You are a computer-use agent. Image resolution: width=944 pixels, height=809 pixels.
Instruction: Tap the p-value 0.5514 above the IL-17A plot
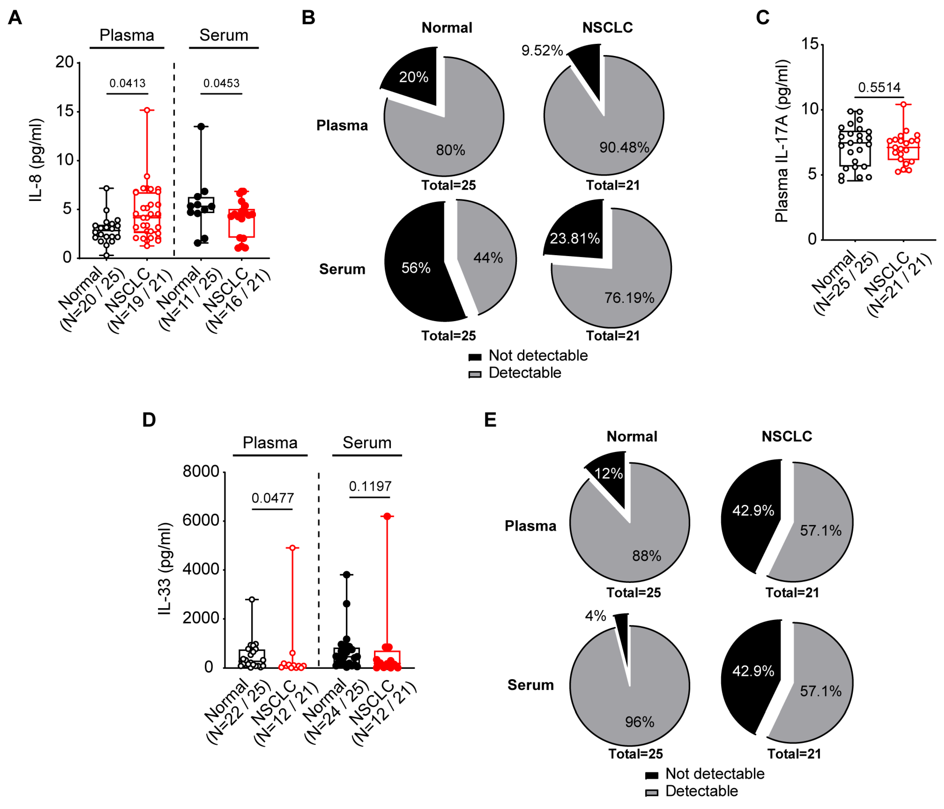[x=879, y=87]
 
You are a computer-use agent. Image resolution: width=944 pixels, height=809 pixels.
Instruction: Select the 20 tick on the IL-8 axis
[x=64, y=62]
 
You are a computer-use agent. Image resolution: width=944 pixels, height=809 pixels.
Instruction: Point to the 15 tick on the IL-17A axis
[x=810, y=44]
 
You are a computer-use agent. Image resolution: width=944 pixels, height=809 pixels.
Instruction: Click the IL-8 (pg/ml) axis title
[x=36, y=160]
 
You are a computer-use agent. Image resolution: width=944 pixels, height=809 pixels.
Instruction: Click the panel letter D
[x=149, y=420]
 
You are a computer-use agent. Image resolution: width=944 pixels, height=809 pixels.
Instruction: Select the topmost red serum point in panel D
[x=387, y=516]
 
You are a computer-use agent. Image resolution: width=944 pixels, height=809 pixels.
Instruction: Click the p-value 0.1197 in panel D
[x=370, y=486]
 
